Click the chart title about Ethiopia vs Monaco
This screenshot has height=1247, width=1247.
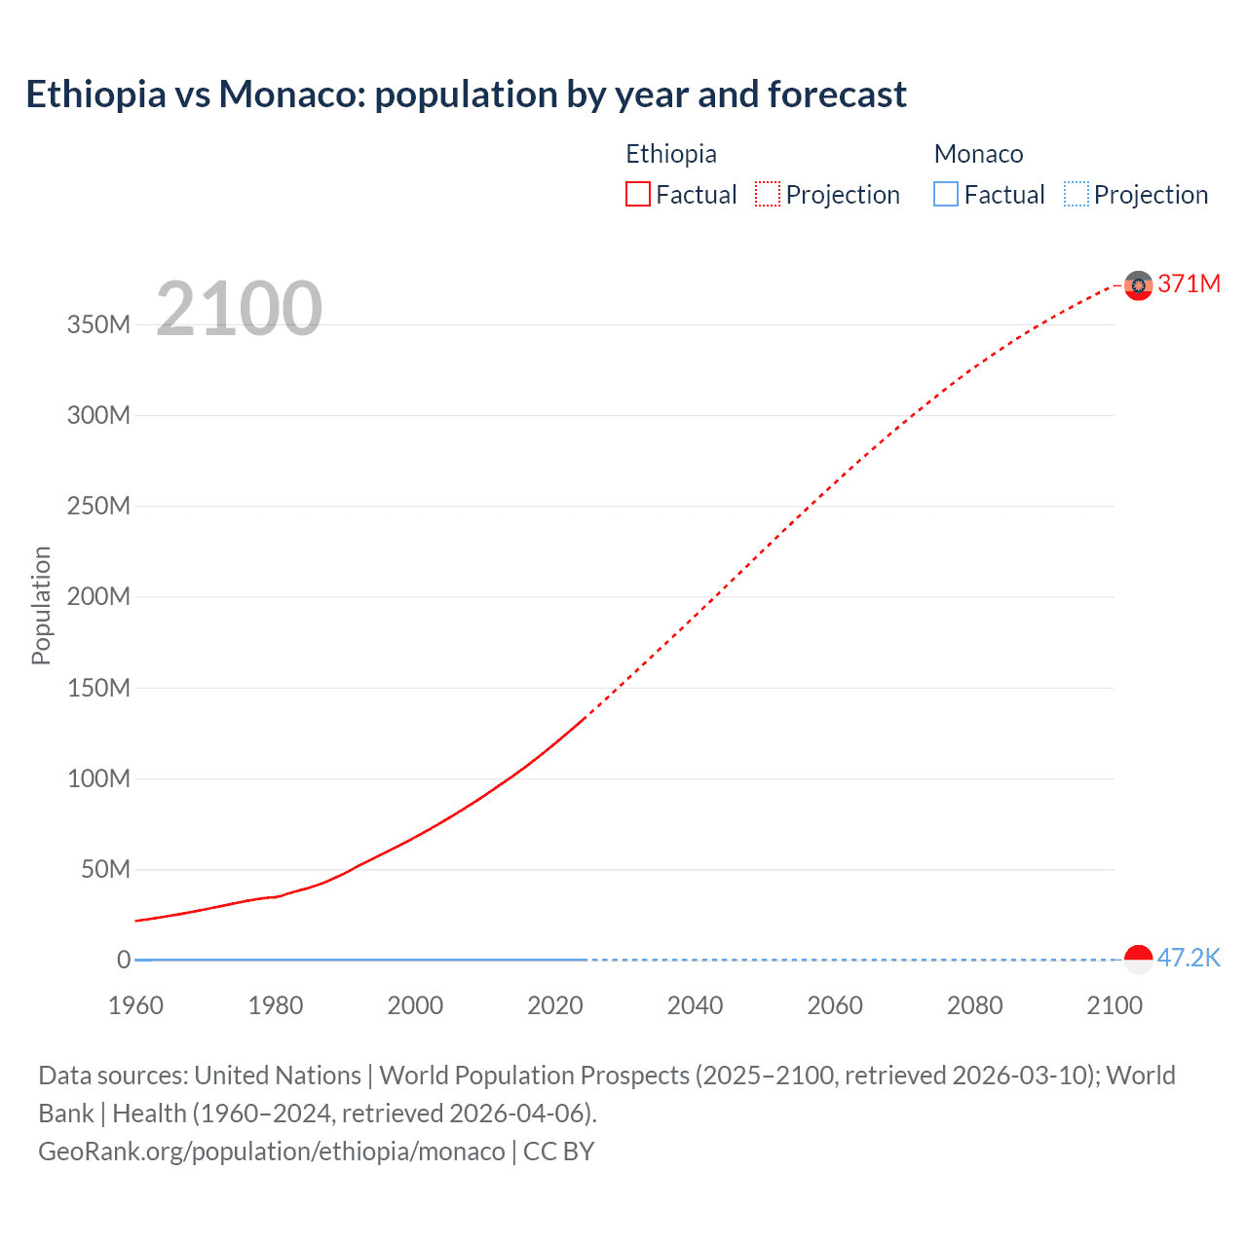click(466, 94)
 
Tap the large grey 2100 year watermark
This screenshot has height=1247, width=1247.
click(239, 309)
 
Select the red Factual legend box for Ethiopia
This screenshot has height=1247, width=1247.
click(638, 195)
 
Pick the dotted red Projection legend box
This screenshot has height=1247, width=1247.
click(768, 195)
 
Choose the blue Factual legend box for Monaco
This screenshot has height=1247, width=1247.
click(946, 195)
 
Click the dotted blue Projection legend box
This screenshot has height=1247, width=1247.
click(1077, 195)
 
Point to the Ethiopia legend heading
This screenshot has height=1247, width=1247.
click(671, 154)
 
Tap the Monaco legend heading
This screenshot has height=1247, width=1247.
click(978, 154)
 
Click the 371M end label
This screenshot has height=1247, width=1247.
click(1189, 283)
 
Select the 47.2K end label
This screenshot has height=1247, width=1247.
click(1189, 958)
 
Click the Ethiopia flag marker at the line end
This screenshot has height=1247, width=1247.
click(1138, 285)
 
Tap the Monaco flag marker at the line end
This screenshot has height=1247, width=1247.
click(1138, 960)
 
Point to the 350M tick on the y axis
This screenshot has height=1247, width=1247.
click(98, 324)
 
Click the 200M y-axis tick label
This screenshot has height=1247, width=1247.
click(98, 596)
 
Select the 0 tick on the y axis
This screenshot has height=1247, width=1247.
click(124, 960)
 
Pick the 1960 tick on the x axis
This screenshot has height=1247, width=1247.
click(136, 1005)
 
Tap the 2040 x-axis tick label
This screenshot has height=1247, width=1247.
click(695, 1005)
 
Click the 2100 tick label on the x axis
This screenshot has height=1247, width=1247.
click(1115, 1005)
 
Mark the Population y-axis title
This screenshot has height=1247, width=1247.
click(41, 605)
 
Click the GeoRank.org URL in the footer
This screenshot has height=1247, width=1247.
click(272, 1152)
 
